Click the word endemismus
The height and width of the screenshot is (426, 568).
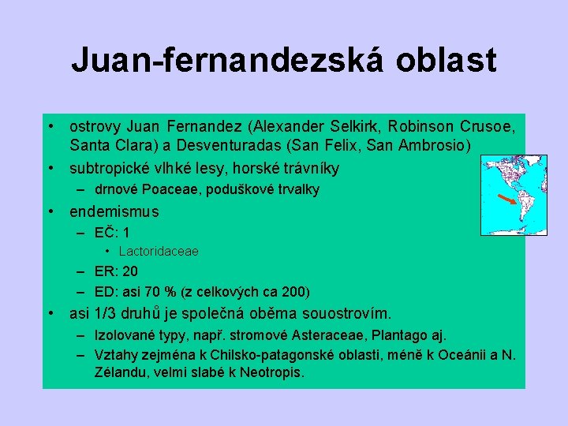(x=114, y=211)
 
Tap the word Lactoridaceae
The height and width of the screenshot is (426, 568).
(x=159, y=251)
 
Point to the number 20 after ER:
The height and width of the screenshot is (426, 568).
(x=130, y=271)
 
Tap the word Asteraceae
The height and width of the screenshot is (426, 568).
(x=330, y=334)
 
